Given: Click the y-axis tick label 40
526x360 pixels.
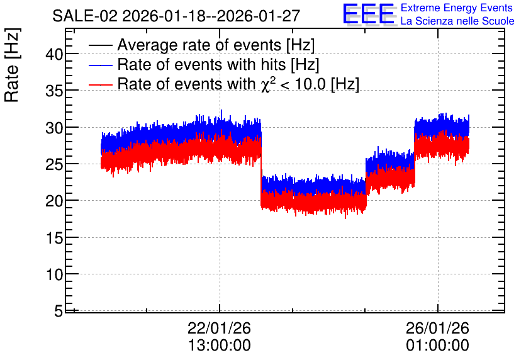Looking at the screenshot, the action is pos(54,54).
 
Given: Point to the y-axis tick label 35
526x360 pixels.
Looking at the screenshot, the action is pos(54,91).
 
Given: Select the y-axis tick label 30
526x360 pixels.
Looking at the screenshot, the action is pos(54,128).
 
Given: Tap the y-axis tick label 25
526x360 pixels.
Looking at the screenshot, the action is pos(54,164).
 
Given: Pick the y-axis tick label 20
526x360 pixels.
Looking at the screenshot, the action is pos(54,201).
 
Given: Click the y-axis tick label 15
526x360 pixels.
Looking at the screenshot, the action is pos(54,238).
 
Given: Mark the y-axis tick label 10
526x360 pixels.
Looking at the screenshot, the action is pos(54,275).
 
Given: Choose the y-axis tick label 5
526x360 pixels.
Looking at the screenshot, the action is pos(59,312).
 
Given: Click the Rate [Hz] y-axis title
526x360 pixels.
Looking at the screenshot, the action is pos(12,65).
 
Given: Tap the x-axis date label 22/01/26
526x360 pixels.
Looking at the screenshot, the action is pos(219,328).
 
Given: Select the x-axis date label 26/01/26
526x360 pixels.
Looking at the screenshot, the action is pos(437,328).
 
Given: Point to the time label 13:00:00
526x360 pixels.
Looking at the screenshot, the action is pos(220,346).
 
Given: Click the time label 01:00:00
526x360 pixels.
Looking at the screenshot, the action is pos(438,346).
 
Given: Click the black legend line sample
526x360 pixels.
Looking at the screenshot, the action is pos(100,45).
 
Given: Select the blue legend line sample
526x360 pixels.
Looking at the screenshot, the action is pos(100,65).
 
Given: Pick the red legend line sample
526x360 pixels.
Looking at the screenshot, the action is pos(100,84).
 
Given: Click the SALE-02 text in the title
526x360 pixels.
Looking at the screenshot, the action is pos(85,16).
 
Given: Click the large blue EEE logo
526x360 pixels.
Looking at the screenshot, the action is pos(369,14).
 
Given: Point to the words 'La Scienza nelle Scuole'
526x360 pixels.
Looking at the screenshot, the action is pos(457,21).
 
